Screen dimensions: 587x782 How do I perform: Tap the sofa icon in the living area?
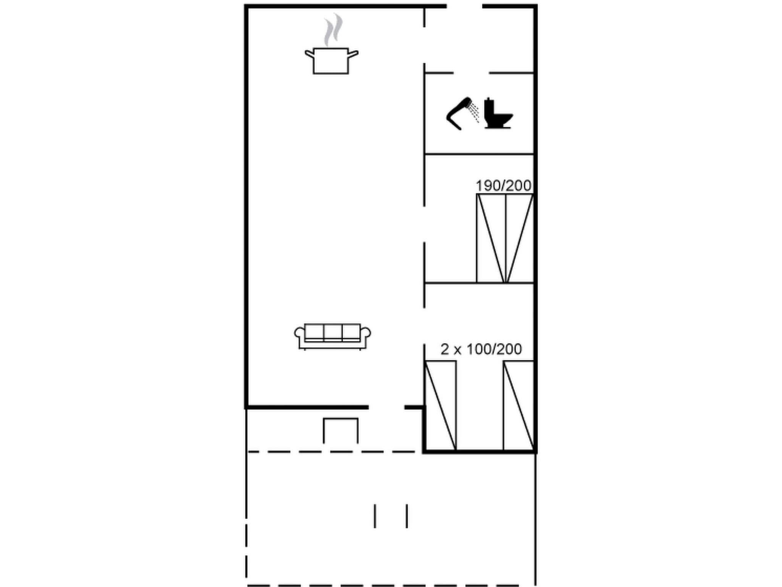(332, 336)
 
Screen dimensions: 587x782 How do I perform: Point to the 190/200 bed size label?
(503, 186)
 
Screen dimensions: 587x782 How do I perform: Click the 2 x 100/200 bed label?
(481, 349)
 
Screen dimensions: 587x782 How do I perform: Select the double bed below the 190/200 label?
(505, 238)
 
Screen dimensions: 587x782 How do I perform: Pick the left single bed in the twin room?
(440, 405)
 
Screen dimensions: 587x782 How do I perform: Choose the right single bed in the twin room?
(518, 405)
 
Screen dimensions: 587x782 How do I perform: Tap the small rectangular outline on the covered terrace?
(341, 430)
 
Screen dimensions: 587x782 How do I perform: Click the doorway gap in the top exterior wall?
(464, 6)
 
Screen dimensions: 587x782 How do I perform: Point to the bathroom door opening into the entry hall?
(471, 73)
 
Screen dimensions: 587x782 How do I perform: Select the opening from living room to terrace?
(386, 407)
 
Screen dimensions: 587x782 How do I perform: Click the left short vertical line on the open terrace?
(375, 516)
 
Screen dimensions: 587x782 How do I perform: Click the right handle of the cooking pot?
(353, 54)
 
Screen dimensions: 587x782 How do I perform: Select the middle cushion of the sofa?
(333, 332)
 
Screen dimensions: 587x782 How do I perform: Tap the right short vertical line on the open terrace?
(407, 516)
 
